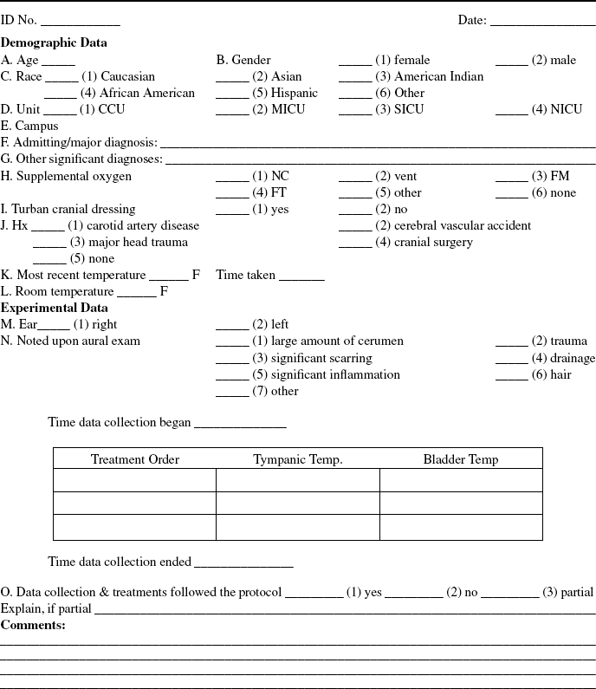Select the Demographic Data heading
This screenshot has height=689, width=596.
[55, 42]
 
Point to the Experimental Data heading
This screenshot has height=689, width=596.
[55, 308]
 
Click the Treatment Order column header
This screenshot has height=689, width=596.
[135, 459]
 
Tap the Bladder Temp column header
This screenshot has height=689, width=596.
[461, 459]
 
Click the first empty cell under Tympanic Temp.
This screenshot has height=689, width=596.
[297, 480]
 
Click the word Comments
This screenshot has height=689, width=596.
[33, 624]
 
